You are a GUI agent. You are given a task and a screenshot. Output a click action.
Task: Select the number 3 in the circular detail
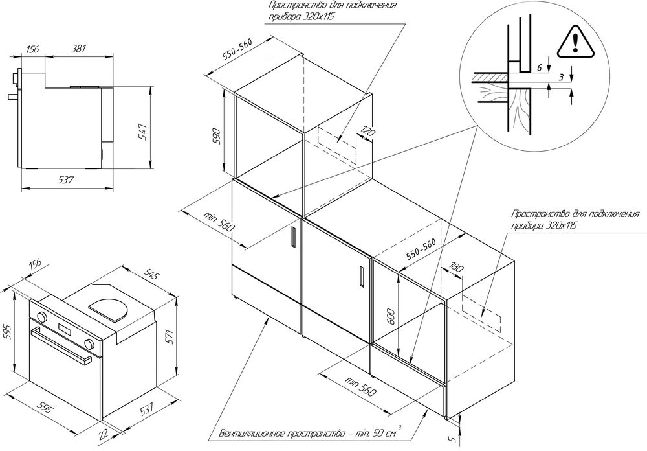(562, 78)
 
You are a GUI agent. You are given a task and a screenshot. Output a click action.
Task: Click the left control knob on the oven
(41, 318)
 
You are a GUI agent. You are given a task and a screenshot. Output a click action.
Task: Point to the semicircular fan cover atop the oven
(114, 308)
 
